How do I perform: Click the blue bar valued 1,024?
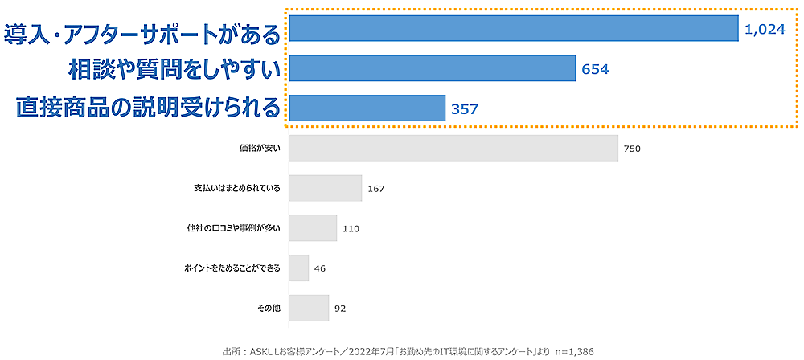pyautogui.click(x=513, y=29)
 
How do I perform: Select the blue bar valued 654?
pyautogui.click(x=432, y=69)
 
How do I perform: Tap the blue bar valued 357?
pyautogui.click(x=367, y=108)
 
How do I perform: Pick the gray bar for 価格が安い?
pyautogui.click(x=453, y=149)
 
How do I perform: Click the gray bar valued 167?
pyautogui.click(x=325, y=188)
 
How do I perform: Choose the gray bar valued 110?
pyautogui.click(x=312, y=228)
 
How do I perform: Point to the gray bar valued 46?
pyautogui.click(x=298, y=268)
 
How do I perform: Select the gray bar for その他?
pyautogui.click(x=308, y=307)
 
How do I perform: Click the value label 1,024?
pyautogui.click(x=764, y=30)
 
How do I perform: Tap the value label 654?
pyautogui.click(x=595, y=70)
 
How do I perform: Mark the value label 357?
pyautogui.click(x=465, y=108)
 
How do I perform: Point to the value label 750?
pyautogui.click(x=631, y=149)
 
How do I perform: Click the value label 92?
pyautogui.click(x=339, y=307)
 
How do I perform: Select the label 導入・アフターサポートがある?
pyautogui.click(x=142, y=35)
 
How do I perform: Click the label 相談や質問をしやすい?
pyautogui.click(x=174, y=70)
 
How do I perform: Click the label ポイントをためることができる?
pyautogui.click(x=231, y=268)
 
